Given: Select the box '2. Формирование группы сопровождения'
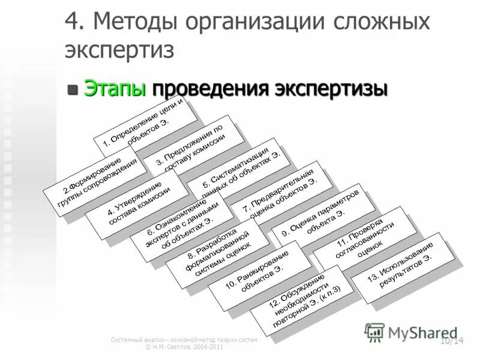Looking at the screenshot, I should (94, 180).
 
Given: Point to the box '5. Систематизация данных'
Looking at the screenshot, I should (239, 167).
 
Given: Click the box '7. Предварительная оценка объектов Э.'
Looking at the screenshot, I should (281, 190).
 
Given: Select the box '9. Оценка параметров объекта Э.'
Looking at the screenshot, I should (324, 216).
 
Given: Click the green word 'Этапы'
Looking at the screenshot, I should (115, 88).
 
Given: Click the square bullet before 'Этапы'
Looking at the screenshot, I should (73, 89).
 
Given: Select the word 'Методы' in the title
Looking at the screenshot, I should (131, 22).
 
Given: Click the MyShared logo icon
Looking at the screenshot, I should (375, 332).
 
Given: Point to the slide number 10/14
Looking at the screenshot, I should (452, 341).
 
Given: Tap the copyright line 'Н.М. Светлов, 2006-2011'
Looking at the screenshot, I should (184, 347).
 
